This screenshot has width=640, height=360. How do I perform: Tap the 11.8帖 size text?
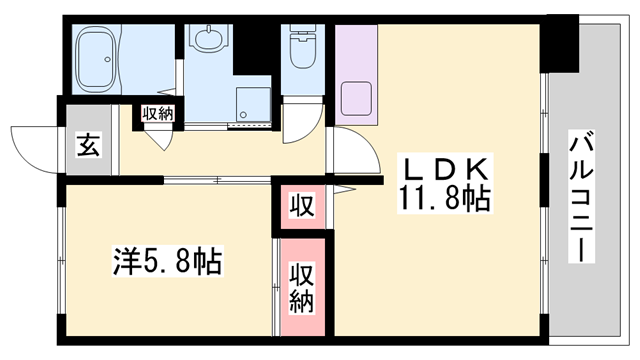click(445, 200)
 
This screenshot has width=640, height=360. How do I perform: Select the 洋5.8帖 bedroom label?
click(166, 264)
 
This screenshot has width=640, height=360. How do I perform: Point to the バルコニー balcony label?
click(578, 196)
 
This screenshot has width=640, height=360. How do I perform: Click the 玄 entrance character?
click(86, 148)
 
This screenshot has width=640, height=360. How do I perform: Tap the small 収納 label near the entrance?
click(157, 113)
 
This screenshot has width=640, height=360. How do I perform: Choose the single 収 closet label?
click(300, 207)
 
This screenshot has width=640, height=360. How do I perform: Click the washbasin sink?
click(209, 41)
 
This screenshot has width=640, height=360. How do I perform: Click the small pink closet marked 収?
click(300, 208)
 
